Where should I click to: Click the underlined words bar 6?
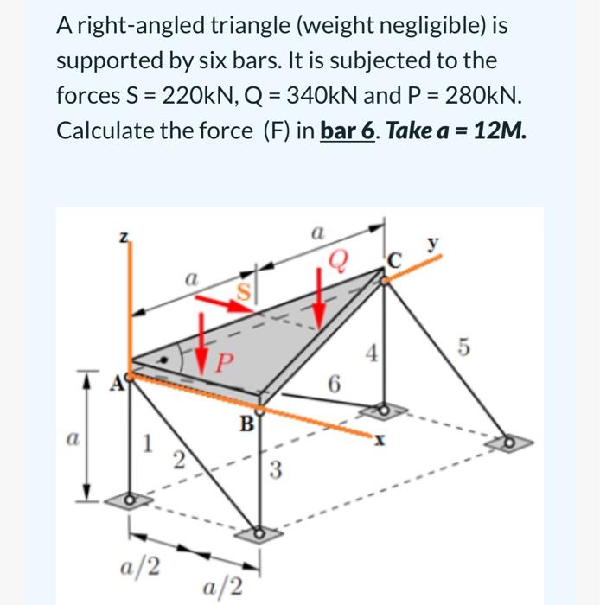tap(348, 131)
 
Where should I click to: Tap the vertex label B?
tap(247, 424)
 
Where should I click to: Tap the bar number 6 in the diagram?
tap(332, 383)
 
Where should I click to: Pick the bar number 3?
tap(274, 471)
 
